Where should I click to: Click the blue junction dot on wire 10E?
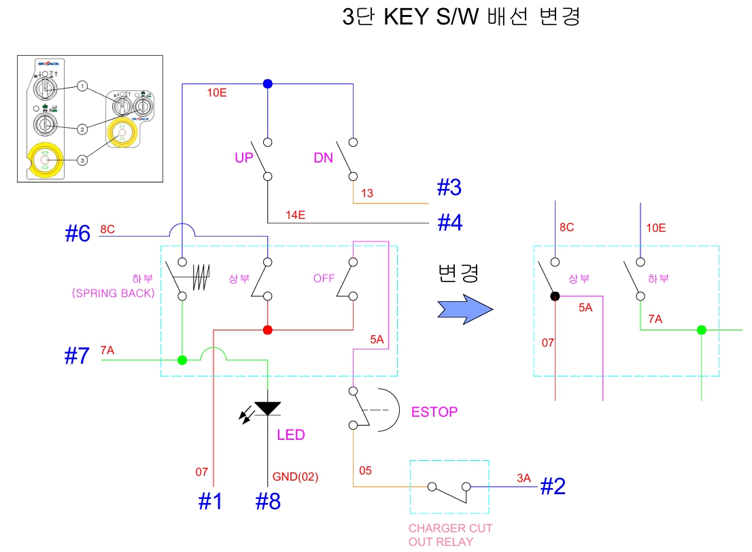pos(268,84)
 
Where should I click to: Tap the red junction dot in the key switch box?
pos(268,330)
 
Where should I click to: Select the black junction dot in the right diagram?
pos(556,296)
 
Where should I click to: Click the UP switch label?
pos(243,158)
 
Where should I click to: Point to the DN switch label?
pos(324,158)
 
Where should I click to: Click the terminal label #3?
pos(449,187)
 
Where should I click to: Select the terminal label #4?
pos(449,222)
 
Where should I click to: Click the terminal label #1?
pos(210,501)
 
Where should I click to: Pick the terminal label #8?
pos(268,501)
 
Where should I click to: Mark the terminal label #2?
pos(553,485)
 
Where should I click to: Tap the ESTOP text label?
pos(434,412)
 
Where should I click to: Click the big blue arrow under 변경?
pos(464,309)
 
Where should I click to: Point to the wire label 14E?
pos(295,215)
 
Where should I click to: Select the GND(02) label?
pos(295,477)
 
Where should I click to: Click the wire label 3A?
pos(523,478)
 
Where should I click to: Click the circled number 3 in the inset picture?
pos(82,160)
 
